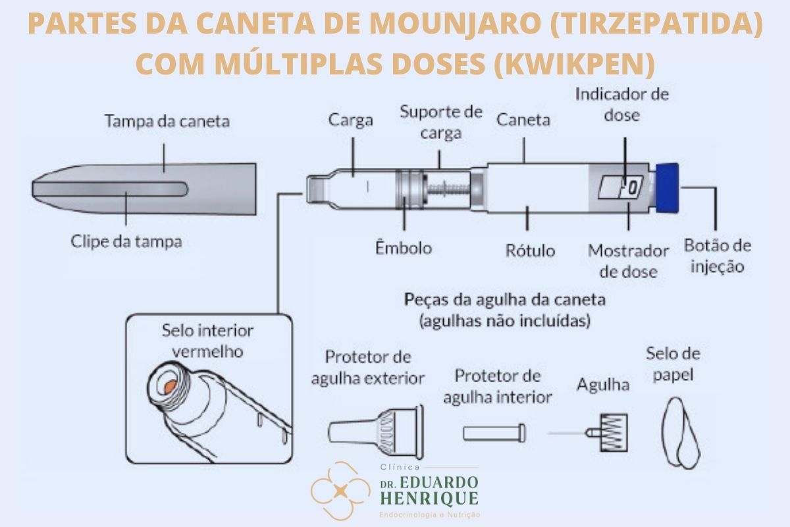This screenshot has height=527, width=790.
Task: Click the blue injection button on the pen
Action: click(668, 188)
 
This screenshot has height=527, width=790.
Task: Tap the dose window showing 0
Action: click(631, 189)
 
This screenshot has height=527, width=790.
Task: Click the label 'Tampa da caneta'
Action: click(167, 121)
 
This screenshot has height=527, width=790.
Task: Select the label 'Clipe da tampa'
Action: click(126, 241)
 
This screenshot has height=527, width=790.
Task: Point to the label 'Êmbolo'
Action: click(404, 248)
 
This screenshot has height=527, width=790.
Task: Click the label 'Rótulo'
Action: click(530, 250)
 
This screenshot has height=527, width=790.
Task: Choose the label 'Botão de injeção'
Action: click(718, 256)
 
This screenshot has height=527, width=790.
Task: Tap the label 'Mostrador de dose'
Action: click(628, 261)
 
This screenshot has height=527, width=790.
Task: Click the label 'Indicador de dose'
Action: click(621, 103)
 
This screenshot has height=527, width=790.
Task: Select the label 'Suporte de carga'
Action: click(441, 121)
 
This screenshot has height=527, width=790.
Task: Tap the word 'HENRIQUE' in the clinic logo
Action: click(429, 498)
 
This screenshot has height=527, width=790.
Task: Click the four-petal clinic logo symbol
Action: click(340, 491)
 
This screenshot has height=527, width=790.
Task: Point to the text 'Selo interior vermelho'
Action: click(207, 341)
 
